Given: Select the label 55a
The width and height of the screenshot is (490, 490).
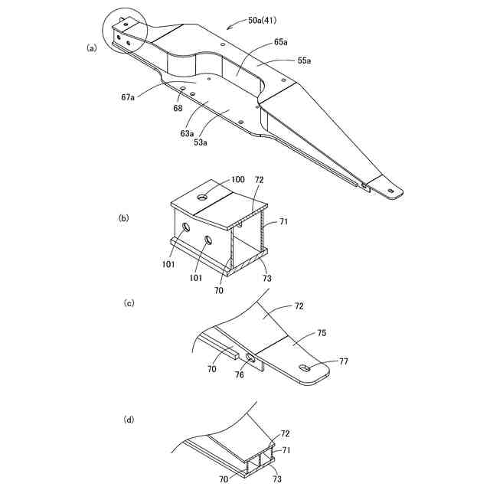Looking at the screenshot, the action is click(x=304, y=60).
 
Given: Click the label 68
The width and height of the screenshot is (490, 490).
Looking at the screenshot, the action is click(x=178, y=109).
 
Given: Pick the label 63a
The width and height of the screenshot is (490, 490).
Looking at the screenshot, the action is click(x=187, y=132).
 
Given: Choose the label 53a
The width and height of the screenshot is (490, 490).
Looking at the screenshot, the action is click(x=201, y=142).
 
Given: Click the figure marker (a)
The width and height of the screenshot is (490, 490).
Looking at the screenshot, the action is click(x=92, y=47).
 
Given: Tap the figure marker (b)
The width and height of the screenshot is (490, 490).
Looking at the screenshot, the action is click(x=123, y=218).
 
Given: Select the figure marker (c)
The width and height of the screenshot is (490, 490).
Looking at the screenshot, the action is click(x=129, y=303).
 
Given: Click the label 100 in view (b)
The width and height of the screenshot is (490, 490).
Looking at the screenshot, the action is click(x=238, y=178).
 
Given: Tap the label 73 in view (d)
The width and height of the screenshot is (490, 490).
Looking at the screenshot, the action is click(x=276, y=479).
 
